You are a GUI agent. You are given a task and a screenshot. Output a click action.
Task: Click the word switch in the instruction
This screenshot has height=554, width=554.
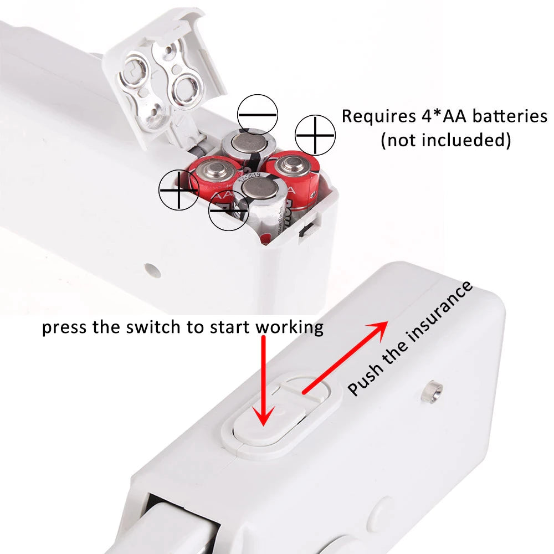coord(153,327)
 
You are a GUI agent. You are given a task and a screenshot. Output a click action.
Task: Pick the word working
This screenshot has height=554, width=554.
coord(289,328)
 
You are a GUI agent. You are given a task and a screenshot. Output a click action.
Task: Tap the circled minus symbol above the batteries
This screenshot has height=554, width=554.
coord(257,115)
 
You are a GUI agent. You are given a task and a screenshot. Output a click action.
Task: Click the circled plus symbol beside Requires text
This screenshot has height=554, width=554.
coord(315,135)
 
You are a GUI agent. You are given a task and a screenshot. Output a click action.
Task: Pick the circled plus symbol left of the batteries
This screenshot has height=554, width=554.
coord(179,189)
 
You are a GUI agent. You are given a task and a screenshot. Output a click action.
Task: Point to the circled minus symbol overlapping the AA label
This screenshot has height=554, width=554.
coord(229,211)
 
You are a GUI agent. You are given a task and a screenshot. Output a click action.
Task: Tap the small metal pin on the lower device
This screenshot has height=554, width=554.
coord(432,391)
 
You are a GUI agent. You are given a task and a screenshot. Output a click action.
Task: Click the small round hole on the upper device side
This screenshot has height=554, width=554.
coord(152,270)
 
